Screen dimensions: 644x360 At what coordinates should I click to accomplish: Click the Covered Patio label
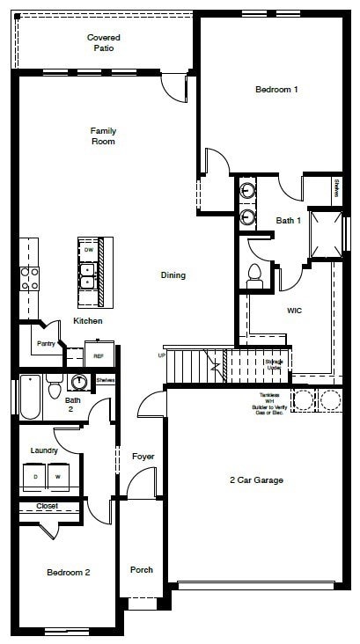pyautogui.click(x=103, y=43)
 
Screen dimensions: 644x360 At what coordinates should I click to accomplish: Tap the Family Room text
pyautogui.click(x=103, y=135)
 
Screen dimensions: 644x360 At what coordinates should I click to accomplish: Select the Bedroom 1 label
pyautogui.click(x=276, y=90)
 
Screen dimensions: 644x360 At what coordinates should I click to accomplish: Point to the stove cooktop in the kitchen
pyautogui.click(x=29, y=278)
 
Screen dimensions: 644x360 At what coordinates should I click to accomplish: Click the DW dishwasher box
pyautogui.click(x=88, y=250)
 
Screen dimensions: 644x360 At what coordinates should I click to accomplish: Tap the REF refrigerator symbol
pyautogui.click(x=99, y=356)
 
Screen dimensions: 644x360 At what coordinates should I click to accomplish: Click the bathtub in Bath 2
pyautogui.click(x=29, y=398)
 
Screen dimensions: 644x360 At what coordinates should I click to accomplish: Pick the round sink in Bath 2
pyautogui.click(x=80, y=382)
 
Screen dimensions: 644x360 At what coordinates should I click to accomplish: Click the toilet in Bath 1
pyautogui.click(x=255, y=274)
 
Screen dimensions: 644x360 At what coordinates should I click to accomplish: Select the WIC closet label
pyautogui.click(x=295, y=311)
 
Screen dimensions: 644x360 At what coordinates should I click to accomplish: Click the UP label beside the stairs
pyautogui.click(x=161, y=355)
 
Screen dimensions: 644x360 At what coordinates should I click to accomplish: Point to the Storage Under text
pyautogui.click(x=274, y=363)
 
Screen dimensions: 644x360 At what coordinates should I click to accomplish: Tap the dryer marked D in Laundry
pyautogui.click(x=36, y=476)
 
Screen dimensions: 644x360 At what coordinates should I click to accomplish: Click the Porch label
pyautogui.click(x=141, y=570)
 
